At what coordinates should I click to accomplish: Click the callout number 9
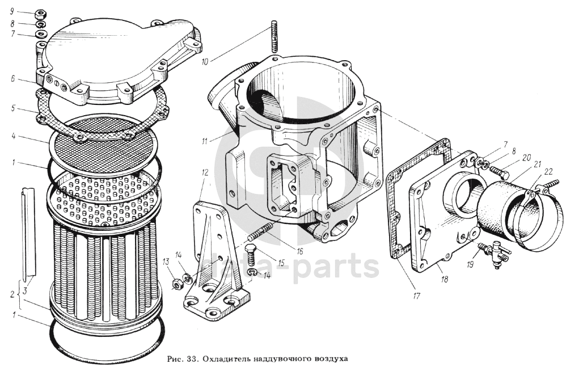(12, 11)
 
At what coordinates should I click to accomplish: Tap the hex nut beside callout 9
(40, 15)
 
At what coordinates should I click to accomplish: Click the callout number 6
(12, 78)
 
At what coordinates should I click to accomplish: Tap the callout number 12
(205, 172)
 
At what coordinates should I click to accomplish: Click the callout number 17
(417, 296)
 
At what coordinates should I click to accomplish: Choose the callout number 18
(444, 279)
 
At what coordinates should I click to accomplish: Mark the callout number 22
(548, 172)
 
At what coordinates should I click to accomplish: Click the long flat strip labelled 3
(28, 232)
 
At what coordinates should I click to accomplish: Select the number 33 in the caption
(191, 358)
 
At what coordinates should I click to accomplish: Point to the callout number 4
(13, 136)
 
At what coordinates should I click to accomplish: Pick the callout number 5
(13, 108)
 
